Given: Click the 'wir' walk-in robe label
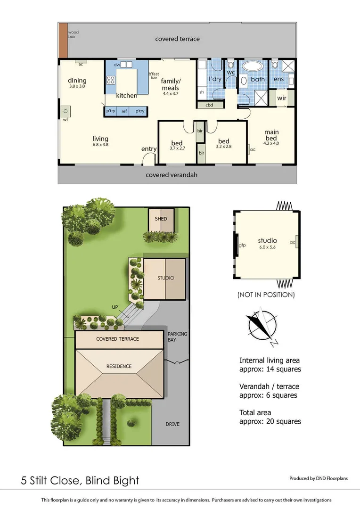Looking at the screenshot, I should pos(282,98).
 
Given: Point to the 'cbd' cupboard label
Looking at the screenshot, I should pos(208,105).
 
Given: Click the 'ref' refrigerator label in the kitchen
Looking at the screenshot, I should pos(124,111).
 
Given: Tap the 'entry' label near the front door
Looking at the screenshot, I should pos(149,149).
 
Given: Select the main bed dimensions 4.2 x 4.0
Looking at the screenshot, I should pos(271,143).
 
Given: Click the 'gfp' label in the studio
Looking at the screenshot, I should pos(242,245).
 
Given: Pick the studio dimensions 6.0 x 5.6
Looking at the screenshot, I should pos(267,246).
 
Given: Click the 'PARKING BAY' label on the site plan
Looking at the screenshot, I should pos(177,337).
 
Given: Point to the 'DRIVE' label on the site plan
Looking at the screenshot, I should pos(172,424).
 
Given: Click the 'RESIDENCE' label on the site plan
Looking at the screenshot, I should pos(119,366).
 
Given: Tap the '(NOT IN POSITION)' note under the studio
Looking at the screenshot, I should pos(266,295).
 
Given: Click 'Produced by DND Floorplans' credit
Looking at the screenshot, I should pos(318,478).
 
